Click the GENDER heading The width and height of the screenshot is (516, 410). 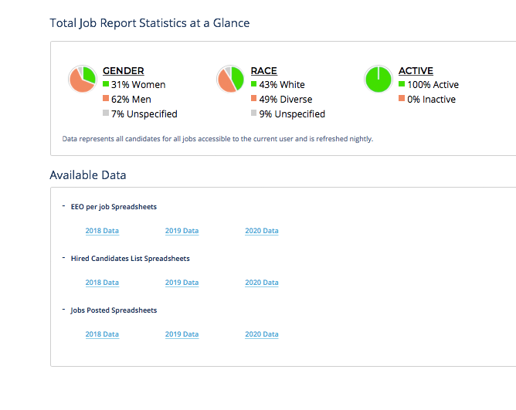point(123,71)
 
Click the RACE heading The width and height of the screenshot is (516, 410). point(263,71)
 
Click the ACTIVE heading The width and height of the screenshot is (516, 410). point(416,71)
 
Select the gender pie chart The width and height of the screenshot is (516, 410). point(82,80)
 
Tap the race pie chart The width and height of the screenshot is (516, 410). point(230,80)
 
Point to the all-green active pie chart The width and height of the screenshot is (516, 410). point(378,80)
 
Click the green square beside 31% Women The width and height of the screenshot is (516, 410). point(106,84)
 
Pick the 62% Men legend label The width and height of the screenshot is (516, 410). point(131,100)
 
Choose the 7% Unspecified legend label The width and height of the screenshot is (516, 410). point(144,114)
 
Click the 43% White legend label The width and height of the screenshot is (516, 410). point(282,85)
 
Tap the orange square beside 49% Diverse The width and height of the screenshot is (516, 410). point(253,99)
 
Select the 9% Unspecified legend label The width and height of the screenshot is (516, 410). point(292,114)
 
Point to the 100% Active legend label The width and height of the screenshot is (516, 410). point(433,85)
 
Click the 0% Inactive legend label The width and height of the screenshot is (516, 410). point(431,100)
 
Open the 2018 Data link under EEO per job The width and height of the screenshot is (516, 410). point(102,231)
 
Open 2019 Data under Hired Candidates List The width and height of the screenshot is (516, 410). point(182,283)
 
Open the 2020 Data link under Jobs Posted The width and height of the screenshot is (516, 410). point(262,334)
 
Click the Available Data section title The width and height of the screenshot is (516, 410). point(88,175)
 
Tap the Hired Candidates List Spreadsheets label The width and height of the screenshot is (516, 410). point(130,259)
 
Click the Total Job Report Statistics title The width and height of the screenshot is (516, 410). point(150,23)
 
